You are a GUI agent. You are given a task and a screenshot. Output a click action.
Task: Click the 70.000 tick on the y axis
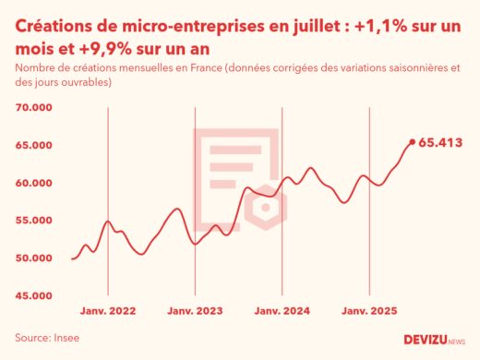tap(34, 108)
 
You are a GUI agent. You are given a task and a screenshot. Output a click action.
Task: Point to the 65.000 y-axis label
tap(34, 146)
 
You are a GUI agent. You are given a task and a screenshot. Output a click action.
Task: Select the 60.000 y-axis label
tap(34, 183)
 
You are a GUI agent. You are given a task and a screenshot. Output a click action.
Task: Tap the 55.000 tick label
tap(34, 221)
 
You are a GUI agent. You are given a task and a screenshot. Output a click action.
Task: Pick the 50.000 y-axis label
tap(34, 258)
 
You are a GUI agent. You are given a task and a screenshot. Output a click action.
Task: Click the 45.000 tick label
tap(34, 296)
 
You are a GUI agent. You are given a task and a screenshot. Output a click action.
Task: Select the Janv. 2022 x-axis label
tap(109, 313)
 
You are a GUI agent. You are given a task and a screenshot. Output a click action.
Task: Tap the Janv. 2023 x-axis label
tap(196, 313)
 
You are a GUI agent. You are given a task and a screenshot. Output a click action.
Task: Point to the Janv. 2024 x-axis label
tap(282, 313)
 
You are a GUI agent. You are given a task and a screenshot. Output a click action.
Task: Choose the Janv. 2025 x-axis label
tap(369, 313)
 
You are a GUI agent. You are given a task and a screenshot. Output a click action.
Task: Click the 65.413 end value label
tap(440, 143)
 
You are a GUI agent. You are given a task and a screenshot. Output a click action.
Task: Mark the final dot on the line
tap(412, 142)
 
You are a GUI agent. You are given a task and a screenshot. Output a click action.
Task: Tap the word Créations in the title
tap(56, 30)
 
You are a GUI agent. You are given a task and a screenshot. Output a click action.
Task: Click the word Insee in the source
tap(66, 338)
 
